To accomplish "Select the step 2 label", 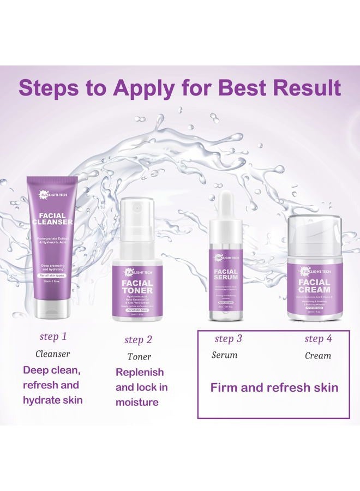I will click(138, 339).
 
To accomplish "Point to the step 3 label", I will click(228, 338).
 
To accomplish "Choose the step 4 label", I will click(317, 338).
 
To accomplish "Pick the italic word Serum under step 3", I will click(224, 355).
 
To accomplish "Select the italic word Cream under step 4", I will click(317, 355).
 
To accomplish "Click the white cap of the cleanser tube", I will click(52, 309).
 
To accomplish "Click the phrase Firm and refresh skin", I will click(274, 388).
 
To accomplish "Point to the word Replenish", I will click(140, 372).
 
